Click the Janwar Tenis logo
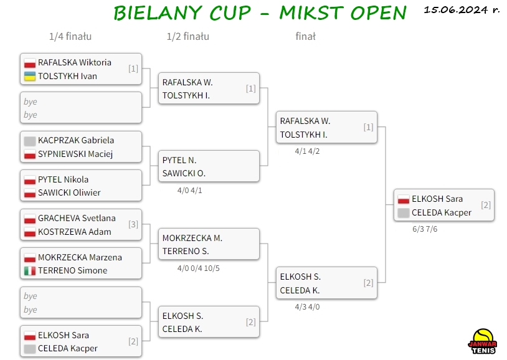click(482, 341)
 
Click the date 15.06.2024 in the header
click(455, 10)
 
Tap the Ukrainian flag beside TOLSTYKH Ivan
click(30, 77)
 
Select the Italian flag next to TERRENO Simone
click(30, 271)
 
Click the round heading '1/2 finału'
click(188, 37)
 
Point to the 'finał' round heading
click(306, 37)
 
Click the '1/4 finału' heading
click(70, 37)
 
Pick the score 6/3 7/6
click(425, 229)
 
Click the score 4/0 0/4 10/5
click(198, 268)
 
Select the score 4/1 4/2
click(307, 151)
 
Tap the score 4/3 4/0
click(307, 307)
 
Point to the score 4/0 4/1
click(189, 191)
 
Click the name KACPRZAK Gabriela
click(76, 140)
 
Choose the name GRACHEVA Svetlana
click(77, 219)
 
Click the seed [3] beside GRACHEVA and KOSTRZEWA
click(133, 224)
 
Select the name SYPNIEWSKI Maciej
click(75, 154)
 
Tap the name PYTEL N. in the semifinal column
click(179, 161)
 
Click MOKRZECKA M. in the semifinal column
click(192, 239)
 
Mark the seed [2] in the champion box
click(486, 205)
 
